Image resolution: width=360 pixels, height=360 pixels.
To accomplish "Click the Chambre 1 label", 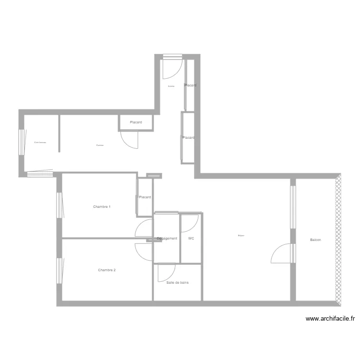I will pos(102,207).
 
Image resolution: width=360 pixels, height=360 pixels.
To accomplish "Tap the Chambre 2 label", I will pos(107,270).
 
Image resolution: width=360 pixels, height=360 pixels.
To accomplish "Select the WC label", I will pos(191,239).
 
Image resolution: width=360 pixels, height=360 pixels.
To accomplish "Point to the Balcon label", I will pos(315,240).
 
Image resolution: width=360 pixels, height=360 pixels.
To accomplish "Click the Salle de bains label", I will pos(178,283).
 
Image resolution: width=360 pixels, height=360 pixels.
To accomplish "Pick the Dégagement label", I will pos(167,239).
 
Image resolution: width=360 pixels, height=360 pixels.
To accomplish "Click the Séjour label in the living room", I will pos(241,236).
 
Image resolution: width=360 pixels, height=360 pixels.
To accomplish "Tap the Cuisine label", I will pos(100,145).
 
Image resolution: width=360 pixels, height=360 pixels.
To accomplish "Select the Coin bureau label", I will pos(40,143).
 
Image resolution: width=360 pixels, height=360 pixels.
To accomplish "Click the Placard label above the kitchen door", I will pos(136,122).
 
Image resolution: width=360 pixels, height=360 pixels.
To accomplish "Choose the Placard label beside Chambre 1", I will pos(145,197).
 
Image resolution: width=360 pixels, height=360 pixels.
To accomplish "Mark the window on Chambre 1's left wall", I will pos(60,205).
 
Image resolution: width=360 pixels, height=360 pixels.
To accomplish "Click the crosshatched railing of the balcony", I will pos(338,240).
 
